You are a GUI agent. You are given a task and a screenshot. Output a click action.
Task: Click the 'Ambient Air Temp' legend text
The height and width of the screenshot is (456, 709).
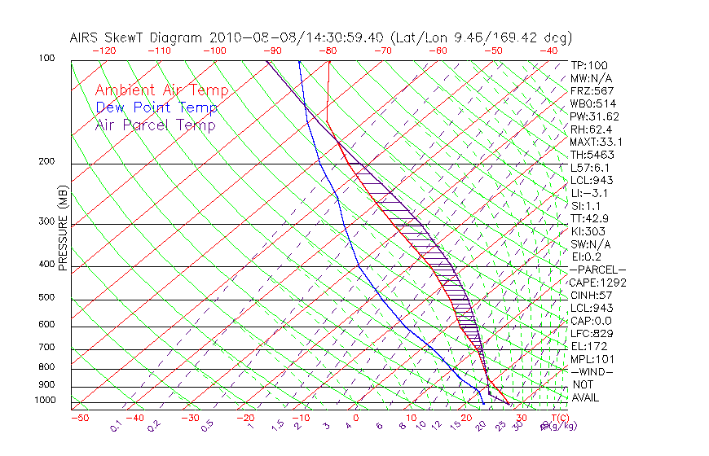[161, 90]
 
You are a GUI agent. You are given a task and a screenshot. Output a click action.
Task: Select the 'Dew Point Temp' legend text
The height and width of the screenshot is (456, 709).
[156, 107]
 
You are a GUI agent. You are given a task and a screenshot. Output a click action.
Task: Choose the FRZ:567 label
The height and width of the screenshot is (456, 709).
[592, 90]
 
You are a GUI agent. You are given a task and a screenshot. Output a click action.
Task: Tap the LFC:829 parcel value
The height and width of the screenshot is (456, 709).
[591, 334]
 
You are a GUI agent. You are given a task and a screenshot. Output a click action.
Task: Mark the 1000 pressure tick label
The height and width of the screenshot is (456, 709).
[46, 400]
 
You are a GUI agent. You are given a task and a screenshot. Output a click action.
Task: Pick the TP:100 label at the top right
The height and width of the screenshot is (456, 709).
[589, 65]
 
